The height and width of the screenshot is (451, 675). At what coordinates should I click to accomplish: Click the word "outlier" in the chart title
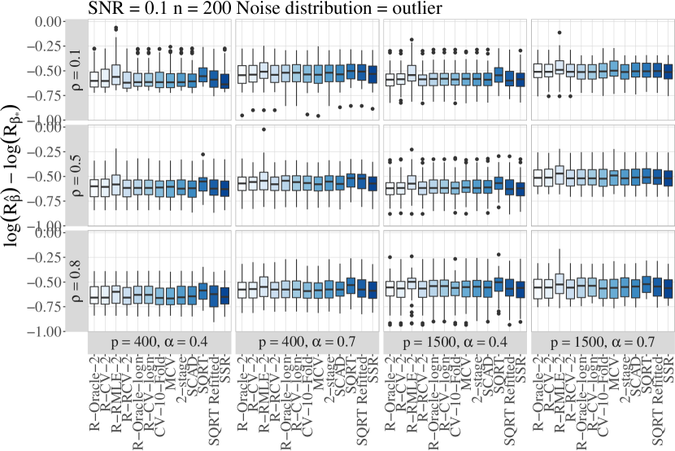click(x=351, y=9)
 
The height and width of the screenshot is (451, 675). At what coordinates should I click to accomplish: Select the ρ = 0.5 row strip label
click(x=77, y=173)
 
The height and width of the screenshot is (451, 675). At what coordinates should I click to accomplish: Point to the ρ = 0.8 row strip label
click(x=77, y=280)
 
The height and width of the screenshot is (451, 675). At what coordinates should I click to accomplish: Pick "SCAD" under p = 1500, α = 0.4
click(x=488, y=371)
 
